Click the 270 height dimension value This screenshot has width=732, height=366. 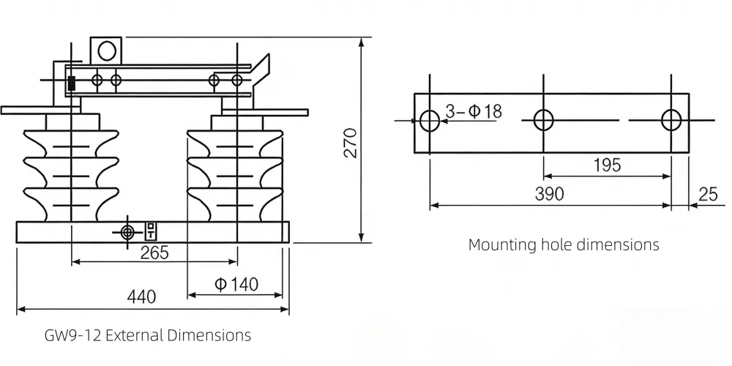point(350,143)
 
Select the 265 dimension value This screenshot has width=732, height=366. point(154,253)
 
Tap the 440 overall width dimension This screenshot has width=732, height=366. point(141,297)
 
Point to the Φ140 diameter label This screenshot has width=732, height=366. point(236,284)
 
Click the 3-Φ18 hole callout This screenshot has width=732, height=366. point(474,111)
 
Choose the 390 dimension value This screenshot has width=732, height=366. point(549,194)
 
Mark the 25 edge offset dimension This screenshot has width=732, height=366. point(708,194)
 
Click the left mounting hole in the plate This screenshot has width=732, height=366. point(430,119)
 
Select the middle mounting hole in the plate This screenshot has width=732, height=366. point(544,119)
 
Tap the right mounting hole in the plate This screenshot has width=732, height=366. point(671,119)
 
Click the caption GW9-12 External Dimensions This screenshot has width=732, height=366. point(148,336)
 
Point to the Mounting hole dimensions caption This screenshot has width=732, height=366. point(564,244)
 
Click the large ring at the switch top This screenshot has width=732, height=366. point(107,51)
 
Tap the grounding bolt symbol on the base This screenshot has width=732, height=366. point(127,232)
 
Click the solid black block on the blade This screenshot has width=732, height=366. point(72,83)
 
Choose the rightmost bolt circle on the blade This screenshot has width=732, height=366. point(236,80)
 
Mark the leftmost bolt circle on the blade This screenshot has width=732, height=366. point(97,79)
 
